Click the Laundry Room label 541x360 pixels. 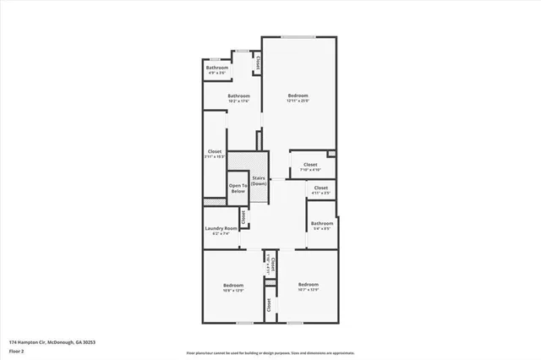(220, 228)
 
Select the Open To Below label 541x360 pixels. (238, 188)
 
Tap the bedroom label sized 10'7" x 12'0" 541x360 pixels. (308, 288)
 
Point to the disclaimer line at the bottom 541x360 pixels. (270, 352)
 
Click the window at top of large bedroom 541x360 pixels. (299, 36)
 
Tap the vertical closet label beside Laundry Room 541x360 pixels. (243, 217)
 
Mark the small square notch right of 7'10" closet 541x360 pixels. (332, 153)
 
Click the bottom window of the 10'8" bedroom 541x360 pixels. (245, 323)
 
